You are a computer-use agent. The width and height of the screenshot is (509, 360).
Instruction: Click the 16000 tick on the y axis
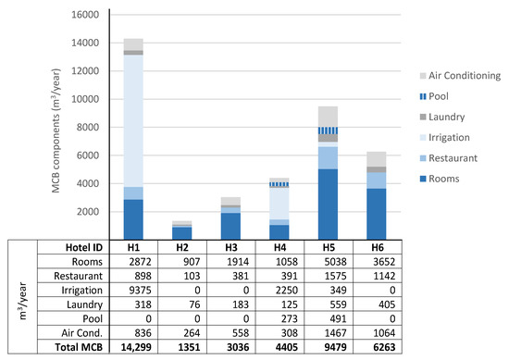84,15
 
